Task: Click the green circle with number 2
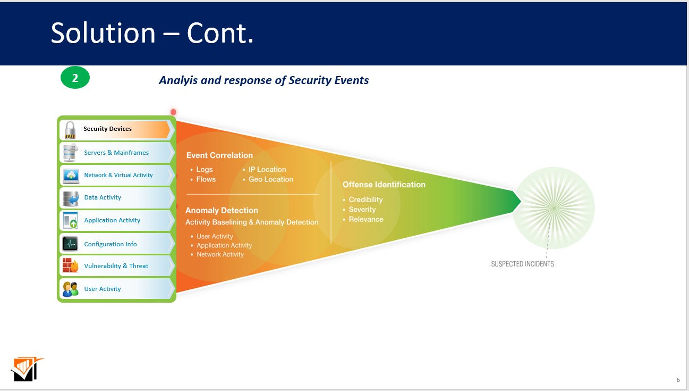(x=75, y=78)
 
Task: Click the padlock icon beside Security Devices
(x=70, y=130)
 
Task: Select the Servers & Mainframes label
(x=116, y=153)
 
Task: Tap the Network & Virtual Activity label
(x=118, y=175)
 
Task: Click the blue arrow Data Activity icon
(x=70, y=198)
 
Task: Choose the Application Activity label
(x=112, y=220)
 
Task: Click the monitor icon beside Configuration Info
(x=70, y=244)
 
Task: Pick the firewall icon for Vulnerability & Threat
(x=70, y=265)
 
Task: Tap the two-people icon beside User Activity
(x=70, y=289)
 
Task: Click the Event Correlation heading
(x=219, y=155)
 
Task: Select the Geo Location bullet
(x=270, y=179)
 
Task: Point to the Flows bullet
(x=206, y=179)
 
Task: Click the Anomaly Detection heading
(x=222, y=211)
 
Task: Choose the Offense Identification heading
(x=384, y=185)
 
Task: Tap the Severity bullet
(x=362, y=210)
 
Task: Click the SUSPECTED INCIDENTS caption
(x=522, y=264)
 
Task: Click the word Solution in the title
(x=103, y=33)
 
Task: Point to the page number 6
(x=678, y=380)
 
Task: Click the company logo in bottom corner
(x=27, y=369)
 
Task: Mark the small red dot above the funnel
(x=173, y=112)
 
